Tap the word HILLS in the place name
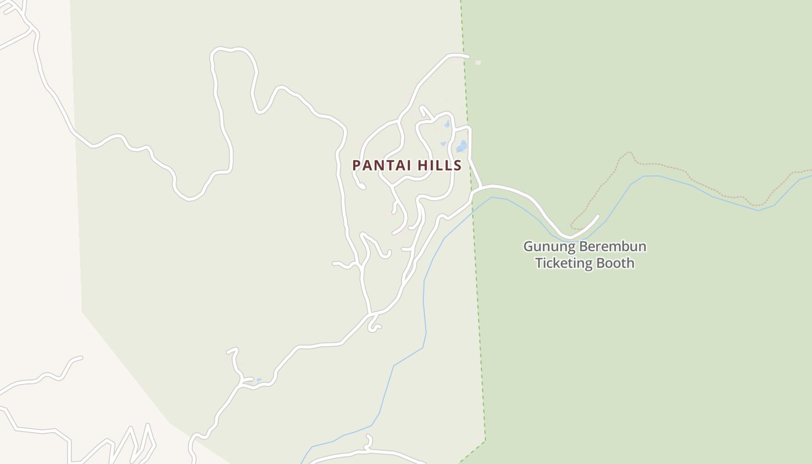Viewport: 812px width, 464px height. coord(438,166)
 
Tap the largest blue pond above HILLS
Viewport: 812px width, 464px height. coord(462,146)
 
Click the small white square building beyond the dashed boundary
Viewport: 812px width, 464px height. coord(478,63)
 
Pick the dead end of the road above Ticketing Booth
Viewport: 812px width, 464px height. coord(597,216)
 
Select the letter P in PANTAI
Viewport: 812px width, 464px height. coord(357,166)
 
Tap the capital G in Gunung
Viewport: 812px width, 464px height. coord(528,246)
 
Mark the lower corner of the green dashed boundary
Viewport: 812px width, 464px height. coord(485,441)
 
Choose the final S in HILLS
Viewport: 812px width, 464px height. coord(458,166)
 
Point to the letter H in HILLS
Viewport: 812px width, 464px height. coord(420,166)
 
